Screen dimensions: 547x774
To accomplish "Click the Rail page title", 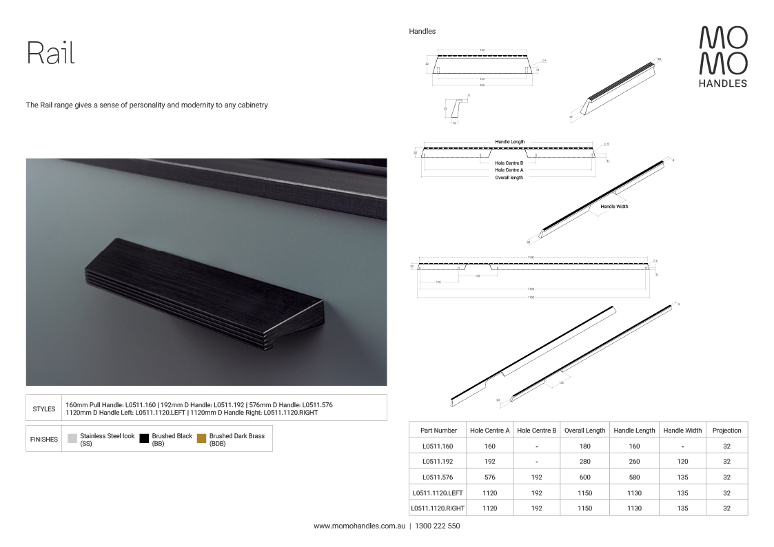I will [50, 53].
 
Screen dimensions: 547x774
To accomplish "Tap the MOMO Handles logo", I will [723, 56].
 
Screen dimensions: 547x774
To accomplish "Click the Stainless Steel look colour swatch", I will [72, 438].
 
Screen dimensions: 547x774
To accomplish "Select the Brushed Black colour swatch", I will [144, 438].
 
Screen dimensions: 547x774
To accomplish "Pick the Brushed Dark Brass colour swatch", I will [201, 438].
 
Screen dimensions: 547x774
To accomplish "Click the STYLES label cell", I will [44, 408].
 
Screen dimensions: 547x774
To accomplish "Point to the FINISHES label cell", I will [44, 439].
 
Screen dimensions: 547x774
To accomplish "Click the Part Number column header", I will [438, 431].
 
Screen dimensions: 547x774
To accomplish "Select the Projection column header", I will [726, 431].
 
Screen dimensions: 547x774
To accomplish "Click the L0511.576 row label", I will [438, 477].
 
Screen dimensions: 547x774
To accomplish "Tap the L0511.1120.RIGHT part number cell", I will [438, 508].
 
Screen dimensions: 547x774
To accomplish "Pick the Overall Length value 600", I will [584, 477].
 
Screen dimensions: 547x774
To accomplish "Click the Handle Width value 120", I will [682, 462].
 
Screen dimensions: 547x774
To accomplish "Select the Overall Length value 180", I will [584, 446].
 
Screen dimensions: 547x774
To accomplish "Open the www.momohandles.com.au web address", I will [358, 526].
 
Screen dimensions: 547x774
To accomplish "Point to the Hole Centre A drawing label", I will [509, 169].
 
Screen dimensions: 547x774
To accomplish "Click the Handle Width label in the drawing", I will [614, 207].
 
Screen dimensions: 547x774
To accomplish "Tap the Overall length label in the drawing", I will [509, 178].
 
